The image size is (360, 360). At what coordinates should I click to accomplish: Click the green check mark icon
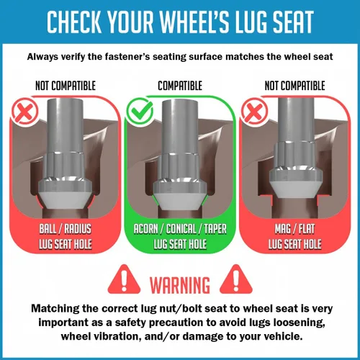[140, 112]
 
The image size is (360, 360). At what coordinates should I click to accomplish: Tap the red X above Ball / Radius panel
[24, 112]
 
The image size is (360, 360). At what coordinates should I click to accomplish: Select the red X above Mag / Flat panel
[254, 112]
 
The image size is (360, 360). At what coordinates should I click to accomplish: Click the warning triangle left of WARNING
[124, 279]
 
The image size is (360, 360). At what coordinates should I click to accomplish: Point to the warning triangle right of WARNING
[236, 279]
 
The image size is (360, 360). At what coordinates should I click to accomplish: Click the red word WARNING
[180, 285]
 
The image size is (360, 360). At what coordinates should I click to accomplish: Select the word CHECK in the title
[74, 22]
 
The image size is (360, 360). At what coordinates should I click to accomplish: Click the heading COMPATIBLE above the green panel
[180, 86]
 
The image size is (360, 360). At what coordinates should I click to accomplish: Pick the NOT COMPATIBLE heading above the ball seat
[66, 86]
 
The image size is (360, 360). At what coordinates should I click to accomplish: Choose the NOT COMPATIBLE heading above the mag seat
[294, 86]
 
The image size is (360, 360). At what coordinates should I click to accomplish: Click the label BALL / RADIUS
[66, 229]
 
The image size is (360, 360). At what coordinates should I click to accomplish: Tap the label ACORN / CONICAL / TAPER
[180, 229]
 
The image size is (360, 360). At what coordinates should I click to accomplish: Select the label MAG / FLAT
[294, 229]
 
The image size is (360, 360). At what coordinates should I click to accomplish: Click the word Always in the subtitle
[42, 57]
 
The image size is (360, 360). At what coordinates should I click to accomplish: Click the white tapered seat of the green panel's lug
[180, 200]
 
